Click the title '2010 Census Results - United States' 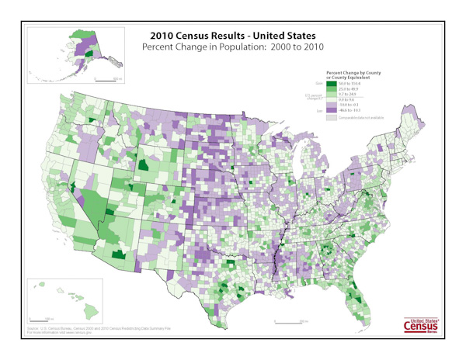232,35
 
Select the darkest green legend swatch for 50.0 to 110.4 332,83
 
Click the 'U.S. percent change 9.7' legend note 314,98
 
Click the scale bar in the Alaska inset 107,80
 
